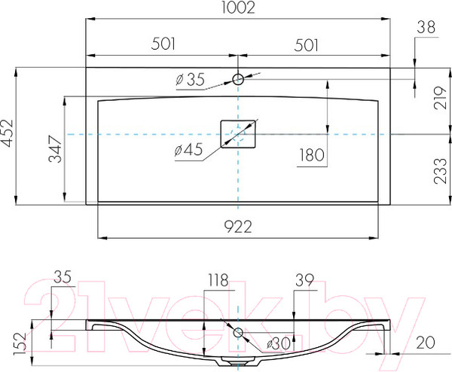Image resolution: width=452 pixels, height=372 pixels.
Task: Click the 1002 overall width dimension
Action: (238, 8)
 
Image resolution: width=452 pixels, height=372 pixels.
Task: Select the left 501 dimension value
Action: (163, 44)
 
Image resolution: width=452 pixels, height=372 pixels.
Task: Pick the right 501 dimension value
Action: (306, 45)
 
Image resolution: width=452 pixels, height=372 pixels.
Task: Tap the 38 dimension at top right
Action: (426, 28)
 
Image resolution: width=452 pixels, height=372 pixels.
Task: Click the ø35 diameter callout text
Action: (191, 80)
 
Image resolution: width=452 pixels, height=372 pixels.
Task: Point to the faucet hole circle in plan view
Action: (238, 79)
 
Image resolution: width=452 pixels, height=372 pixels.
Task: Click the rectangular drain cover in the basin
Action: (238, 134)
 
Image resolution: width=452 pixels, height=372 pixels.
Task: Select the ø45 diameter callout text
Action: (188, 150)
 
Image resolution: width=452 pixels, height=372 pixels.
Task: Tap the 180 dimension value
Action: (312, 155)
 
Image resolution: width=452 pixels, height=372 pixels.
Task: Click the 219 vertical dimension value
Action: (440, 97)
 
